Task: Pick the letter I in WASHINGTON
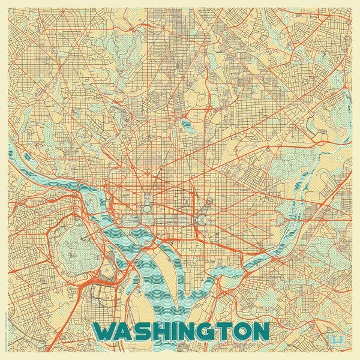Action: pos(174,331)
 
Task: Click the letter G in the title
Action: pos(206,331)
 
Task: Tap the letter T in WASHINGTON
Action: pos(223,331)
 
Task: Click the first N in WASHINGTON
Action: pos(188,331)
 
